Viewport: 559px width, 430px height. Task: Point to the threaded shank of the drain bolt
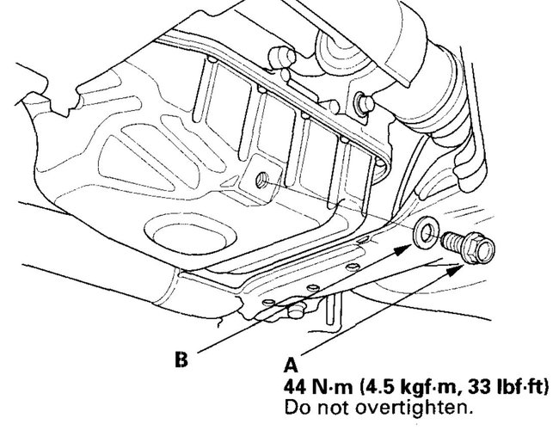pyautogui.click(x=454, y=243)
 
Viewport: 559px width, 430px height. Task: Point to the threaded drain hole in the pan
pyautogui.click(x=261, y=180)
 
